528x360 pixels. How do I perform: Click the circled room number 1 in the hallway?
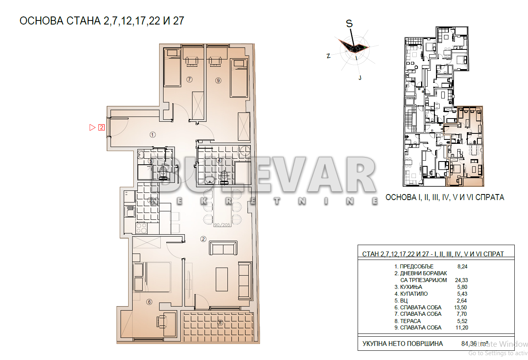pos(152,135)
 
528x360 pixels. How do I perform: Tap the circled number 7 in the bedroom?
pos(190,80)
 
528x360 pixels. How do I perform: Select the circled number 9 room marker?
pos(218,80)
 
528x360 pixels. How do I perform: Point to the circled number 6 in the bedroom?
pos(149,302)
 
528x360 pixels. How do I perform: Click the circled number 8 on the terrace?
pos(220,322)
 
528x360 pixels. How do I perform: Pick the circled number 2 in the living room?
pos(203,239)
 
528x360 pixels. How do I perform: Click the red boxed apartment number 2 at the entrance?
pos(102,128)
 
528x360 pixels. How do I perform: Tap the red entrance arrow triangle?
pos(92,128)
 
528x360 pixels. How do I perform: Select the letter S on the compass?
pos(350,24)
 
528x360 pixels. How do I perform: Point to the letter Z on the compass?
pos(328,56)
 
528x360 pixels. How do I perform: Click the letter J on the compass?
pos(360,78)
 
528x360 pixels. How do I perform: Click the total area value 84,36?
pos(470,344)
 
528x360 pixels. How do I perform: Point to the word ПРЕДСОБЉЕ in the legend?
pos(417,266)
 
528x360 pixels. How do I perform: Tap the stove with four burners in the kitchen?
pos(141,228)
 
